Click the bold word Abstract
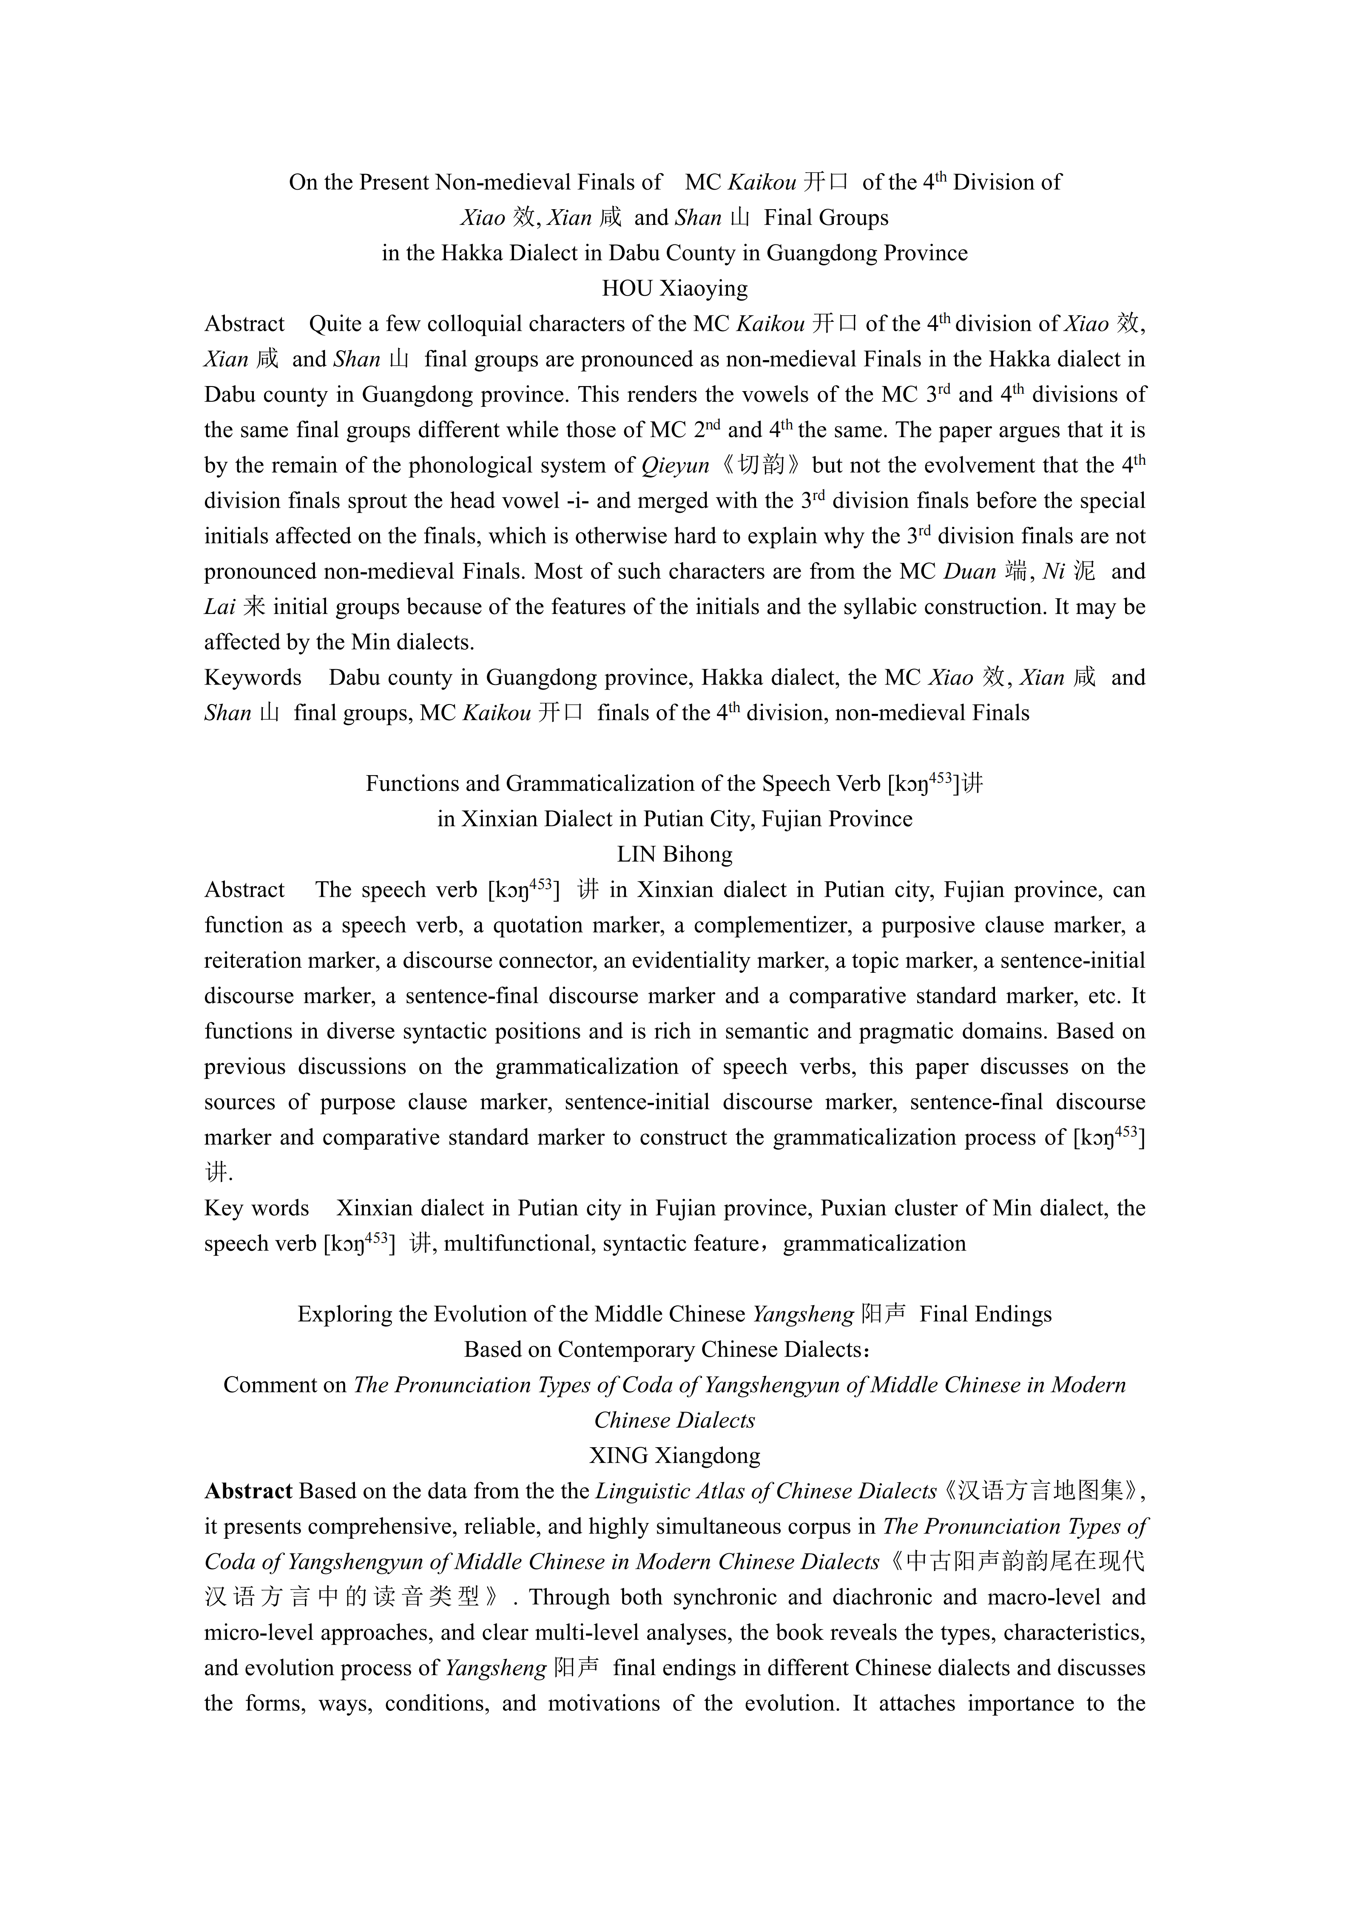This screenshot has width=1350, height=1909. coord(248,1491)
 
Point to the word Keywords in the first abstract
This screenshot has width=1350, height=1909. coord(253,678)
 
